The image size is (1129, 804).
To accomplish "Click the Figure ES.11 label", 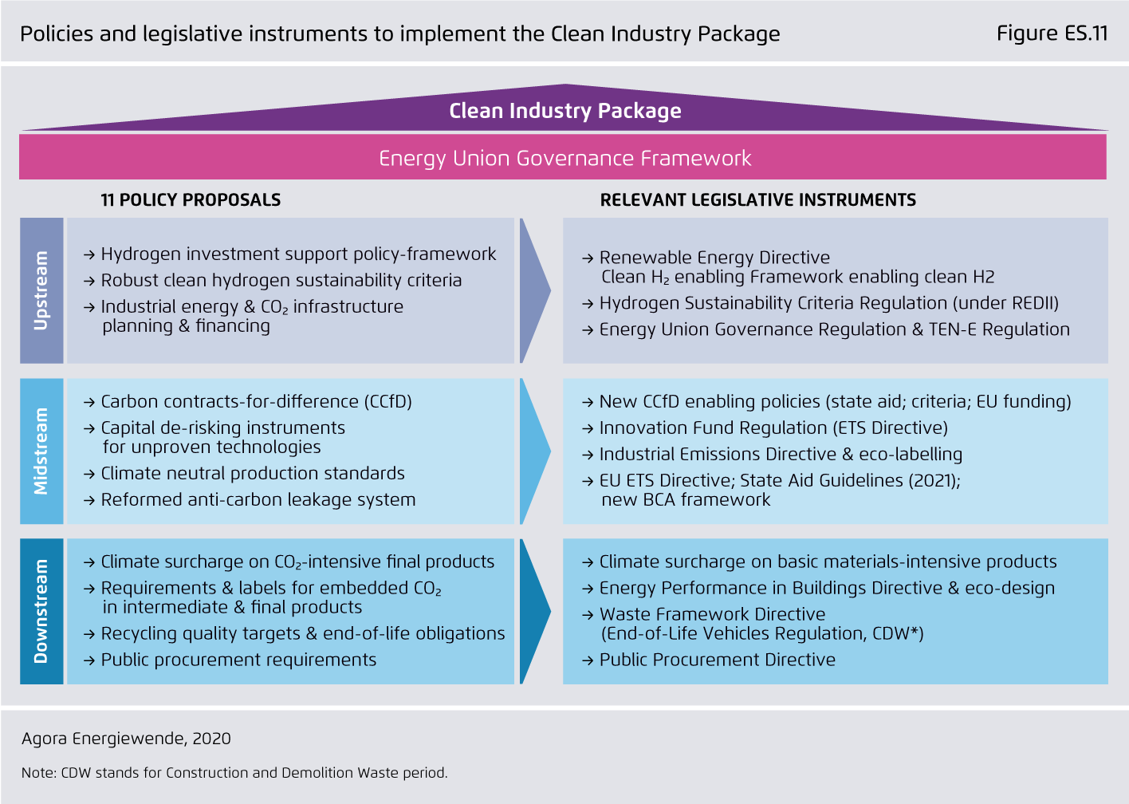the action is [1052, 33].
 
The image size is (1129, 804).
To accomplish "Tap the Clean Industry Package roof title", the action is [565, 111].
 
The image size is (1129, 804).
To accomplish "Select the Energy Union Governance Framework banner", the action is [563, 157].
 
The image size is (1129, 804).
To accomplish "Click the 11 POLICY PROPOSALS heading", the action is [191, 199].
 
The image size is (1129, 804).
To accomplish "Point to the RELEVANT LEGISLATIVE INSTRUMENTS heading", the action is [758, 199].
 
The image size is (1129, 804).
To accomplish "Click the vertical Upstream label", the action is [41, 290].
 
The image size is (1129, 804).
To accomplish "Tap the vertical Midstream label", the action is [41, 451].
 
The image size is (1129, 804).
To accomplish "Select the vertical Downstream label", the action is [41, 611].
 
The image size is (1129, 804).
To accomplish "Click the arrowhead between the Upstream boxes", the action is [535, 290].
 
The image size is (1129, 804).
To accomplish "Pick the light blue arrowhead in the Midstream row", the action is [535, 451].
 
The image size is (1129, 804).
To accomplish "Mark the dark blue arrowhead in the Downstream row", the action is [535, 611].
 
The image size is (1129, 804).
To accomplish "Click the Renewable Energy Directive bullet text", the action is [714, 258].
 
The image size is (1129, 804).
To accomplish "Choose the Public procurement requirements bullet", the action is [238, 660].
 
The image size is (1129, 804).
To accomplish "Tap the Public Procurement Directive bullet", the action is [718, 660].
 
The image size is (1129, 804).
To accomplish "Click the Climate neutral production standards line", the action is [253, 473].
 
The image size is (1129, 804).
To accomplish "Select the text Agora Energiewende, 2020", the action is [126, 739].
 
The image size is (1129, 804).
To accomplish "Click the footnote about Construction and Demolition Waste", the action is [234, 773].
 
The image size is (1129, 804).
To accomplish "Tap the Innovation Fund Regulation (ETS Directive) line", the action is [773, 428].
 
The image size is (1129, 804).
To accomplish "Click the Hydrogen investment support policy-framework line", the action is [298, 254].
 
